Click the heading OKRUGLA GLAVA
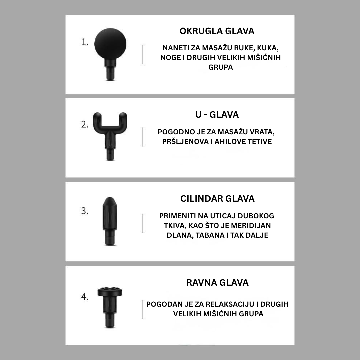(x=217, y=31)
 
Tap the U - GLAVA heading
(x=217, y=115)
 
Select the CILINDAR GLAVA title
(x=217, y=199)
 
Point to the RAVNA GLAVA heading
(x=217, y=283)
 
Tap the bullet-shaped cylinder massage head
(x=110, y=221)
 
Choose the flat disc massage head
(x=110, y=307)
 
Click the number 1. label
(x=85, y=42)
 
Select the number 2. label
(x=85, y=124)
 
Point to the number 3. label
(x=85, y=211)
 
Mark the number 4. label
(x=85, y=297)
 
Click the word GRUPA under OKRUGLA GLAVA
(x=220, y=67)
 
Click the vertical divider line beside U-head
(x=143, y=137)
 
